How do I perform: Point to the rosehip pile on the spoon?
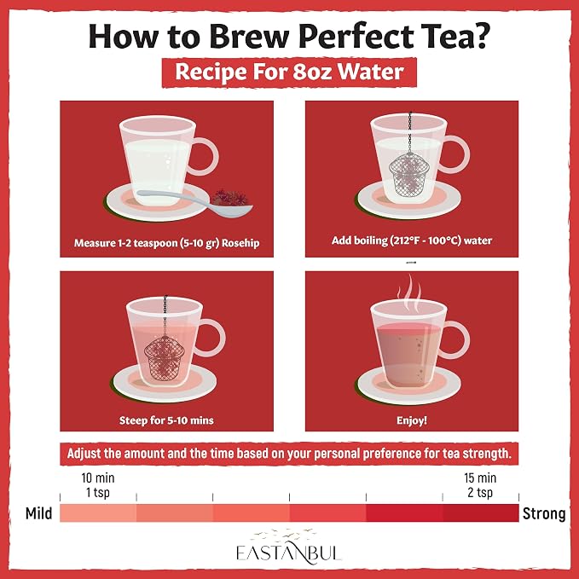point(229,198)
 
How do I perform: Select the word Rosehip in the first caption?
point(240,243)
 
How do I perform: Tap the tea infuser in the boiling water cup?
point(409,174)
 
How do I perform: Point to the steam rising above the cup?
point(409,293)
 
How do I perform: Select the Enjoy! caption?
point(412,420)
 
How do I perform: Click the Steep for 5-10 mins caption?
point(166,420)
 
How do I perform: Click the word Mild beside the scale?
point(38,513)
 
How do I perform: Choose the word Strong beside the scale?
point(544,513)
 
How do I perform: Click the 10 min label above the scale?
point(98,478)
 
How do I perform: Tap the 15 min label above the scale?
point(480,478)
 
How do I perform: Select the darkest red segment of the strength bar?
point(481,512)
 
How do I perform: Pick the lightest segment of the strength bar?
point(98,512)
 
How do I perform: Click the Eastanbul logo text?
point(288,553)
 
